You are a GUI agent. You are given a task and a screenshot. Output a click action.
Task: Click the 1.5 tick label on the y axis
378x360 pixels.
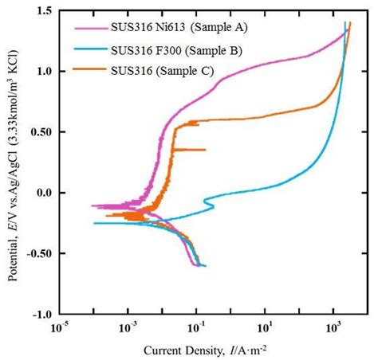[x=42, y=10]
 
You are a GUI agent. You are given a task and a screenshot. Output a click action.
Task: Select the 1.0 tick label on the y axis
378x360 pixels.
[x=42, y=71]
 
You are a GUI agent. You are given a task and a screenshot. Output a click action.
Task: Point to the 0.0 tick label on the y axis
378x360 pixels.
[x=42, y=193]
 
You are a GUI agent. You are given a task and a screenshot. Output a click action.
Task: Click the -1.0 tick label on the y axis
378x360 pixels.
[x=40, y=314]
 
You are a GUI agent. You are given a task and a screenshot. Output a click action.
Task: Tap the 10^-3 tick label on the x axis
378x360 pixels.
[x=128, y=327]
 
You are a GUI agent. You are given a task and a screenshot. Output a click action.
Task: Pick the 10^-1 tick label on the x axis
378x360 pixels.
[x=197, y=327]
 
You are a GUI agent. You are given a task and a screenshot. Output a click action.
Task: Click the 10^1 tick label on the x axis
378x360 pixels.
[x=266, y=327]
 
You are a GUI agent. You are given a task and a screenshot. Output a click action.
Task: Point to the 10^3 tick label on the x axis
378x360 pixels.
[x=335, y=327]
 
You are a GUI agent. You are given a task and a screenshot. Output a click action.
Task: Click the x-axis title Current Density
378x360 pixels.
[x=211, y=350]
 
